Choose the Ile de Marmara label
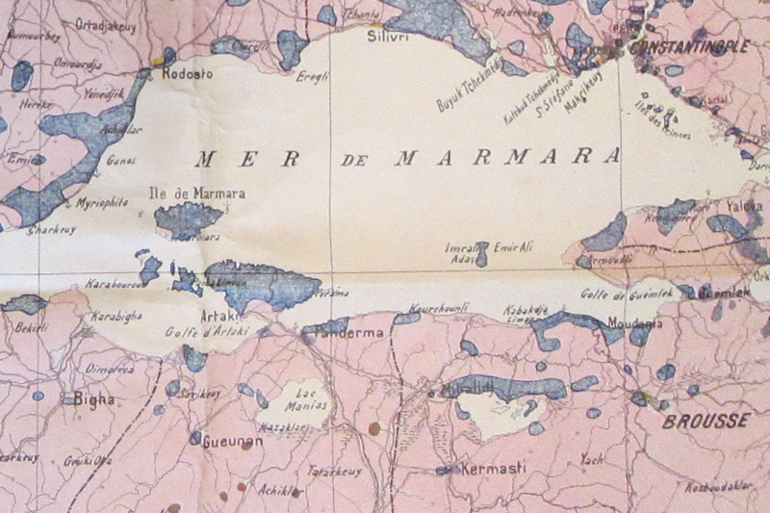point(197,192)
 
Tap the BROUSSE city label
point(706,421)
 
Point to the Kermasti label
point(494,468)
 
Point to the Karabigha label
point(116,316)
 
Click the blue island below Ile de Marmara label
point(189,219)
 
